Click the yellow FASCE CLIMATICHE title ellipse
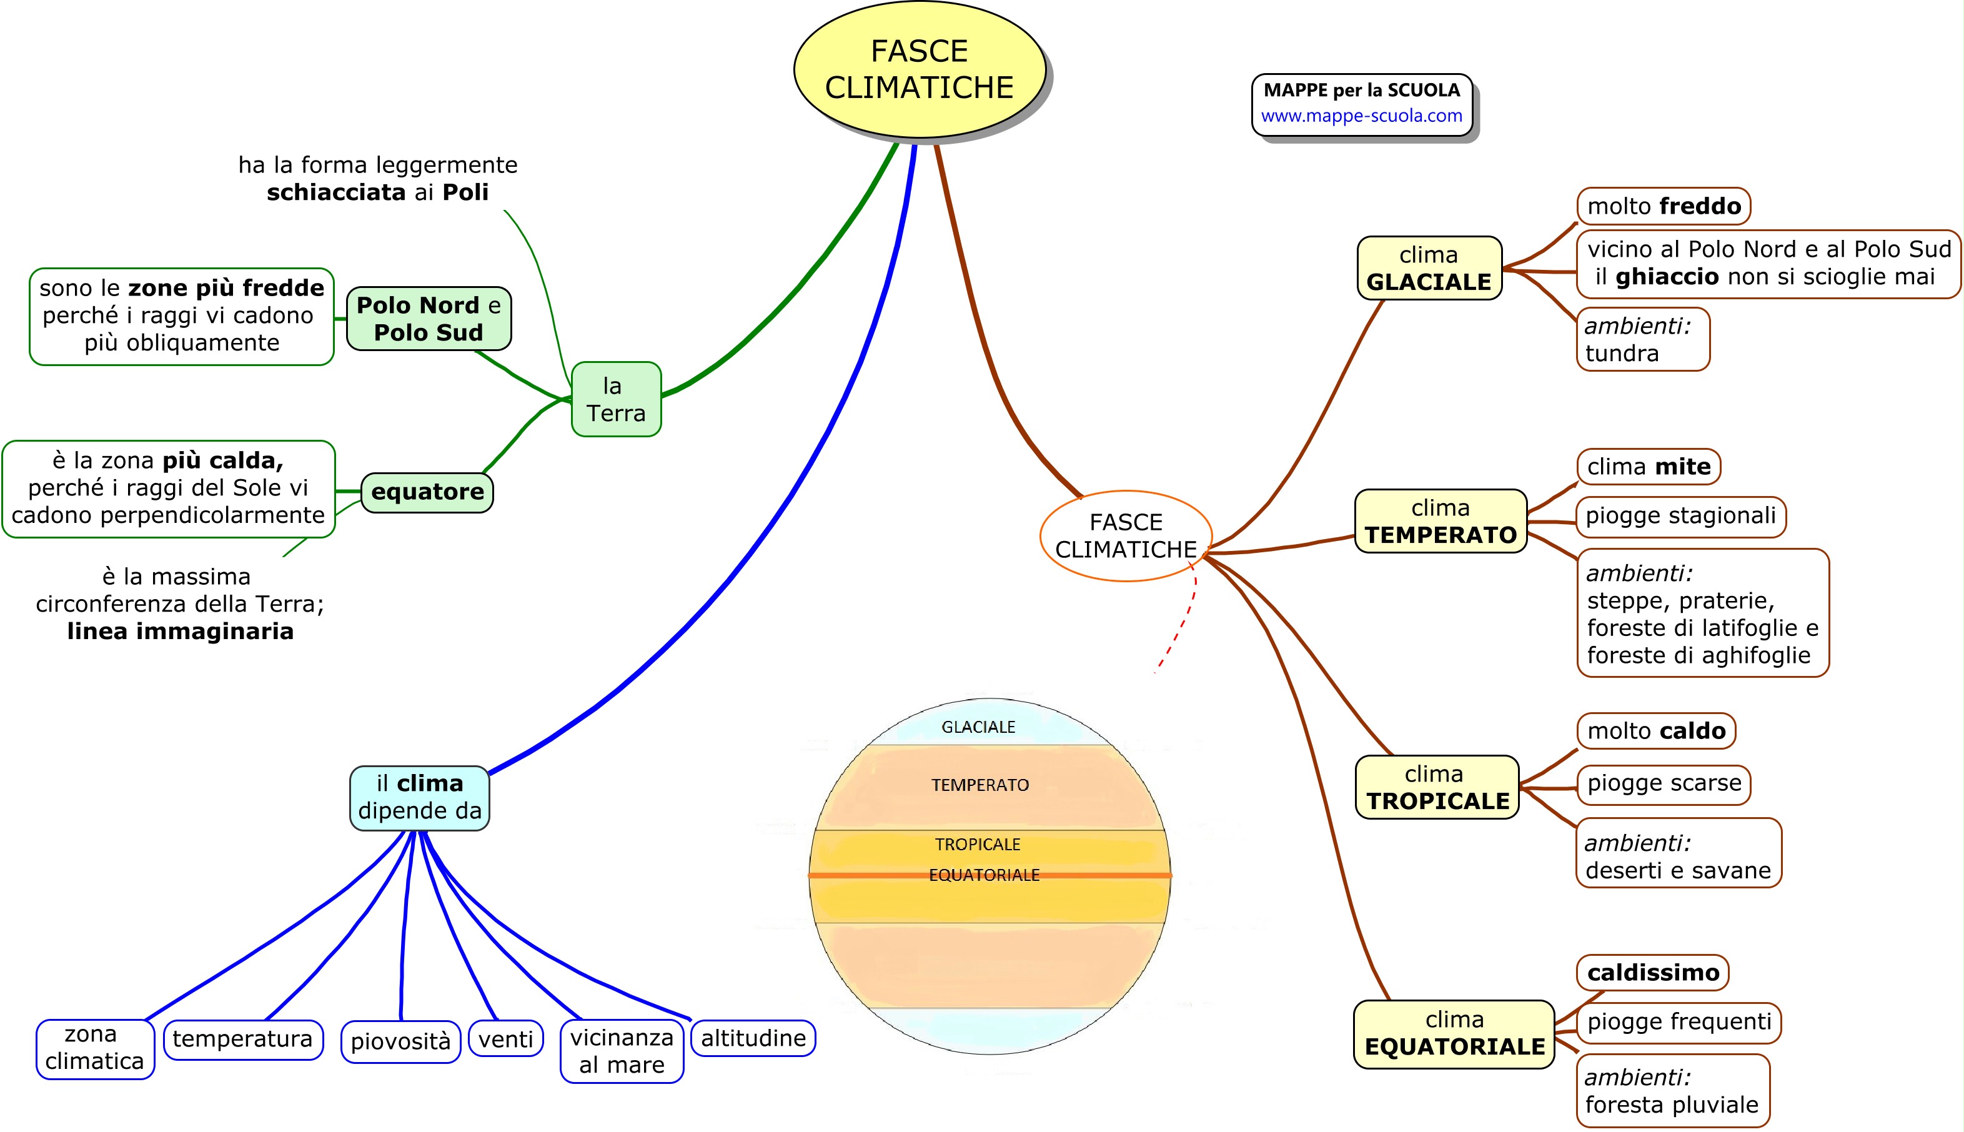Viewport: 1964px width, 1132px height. (x=920, y=70)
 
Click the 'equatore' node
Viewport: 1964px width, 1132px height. (x=427, y=492)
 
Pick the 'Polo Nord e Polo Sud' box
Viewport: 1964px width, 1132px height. (x=429, y=319)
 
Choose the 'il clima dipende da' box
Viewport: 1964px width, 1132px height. (x=420, y=798)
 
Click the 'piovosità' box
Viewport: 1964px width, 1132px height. (x=400, y=1041)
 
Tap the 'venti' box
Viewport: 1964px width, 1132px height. (x=505, y=1039)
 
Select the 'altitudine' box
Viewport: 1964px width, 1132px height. (x=752, y=1038)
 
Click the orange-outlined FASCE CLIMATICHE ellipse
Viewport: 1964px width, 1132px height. (x=1126, y=535)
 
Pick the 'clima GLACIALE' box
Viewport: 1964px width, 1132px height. (x=1429, y=268)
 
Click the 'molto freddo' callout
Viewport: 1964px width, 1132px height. (x=1664, y=206)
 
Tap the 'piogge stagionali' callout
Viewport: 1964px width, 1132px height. (x=1680, y=516)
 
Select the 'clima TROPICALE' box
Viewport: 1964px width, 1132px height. (x=1436, y=787)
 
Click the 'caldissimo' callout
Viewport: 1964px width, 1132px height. (x=1652, y=973)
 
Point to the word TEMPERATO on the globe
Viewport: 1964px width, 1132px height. (x=980, y=785)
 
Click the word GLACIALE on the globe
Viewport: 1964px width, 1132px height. (x=978, y=727)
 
